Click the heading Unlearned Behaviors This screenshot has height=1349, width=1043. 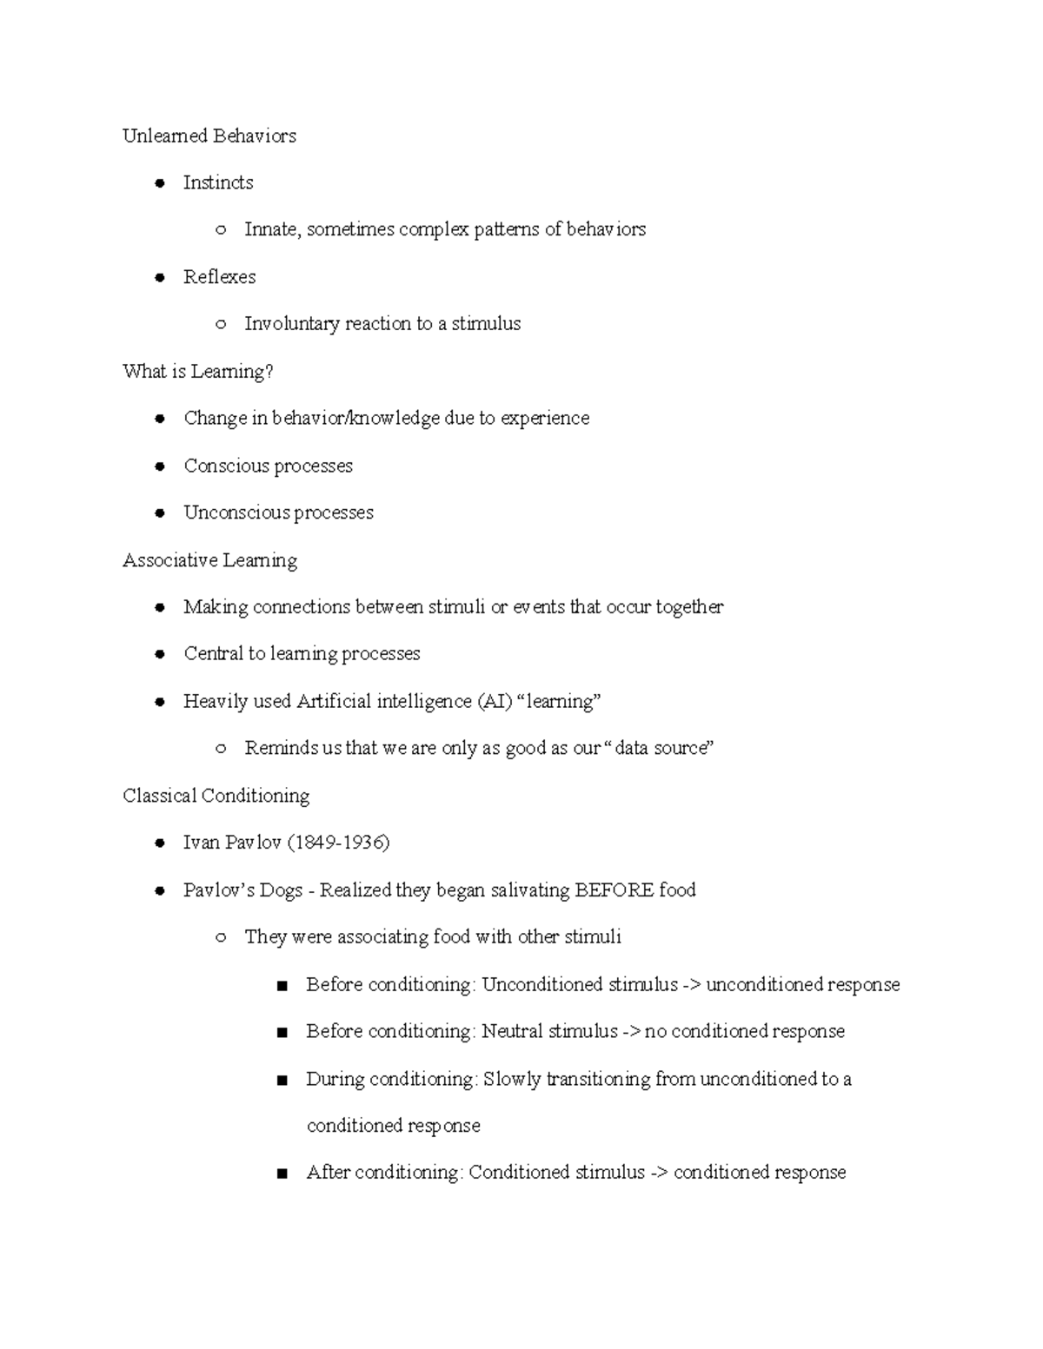tap(209, 136)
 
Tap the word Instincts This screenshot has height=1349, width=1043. tap(218, 182)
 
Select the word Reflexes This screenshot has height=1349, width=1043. tap(219, 277)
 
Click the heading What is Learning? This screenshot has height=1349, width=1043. tap(198, 372)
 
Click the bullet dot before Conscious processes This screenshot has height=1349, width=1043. tap(160, 466)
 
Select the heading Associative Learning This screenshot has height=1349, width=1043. tap(209, 560)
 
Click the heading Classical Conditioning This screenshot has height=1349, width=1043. tap(216, 796)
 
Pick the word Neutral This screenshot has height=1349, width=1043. tap(512, 1031)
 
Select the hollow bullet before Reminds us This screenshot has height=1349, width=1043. tap(221, 749)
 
